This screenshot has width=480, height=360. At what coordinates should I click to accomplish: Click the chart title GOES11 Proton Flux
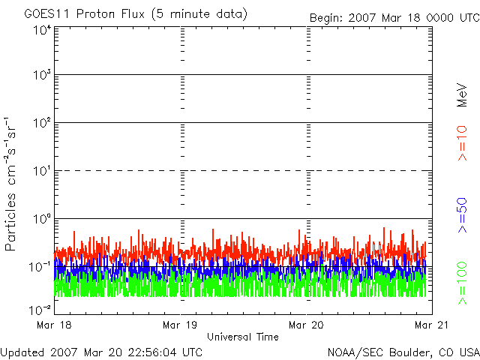tap(85, 14)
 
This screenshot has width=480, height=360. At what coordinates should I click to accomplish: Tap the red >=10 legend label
tap(462, 143)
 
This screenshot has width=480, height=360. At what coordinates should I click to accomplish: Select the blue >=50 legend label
tap(462, 215)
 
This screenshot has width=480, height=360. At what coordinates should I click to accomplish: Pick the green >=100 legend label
tap(462, 283)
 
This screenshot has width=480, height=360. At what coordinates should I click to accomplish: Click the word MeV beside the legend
tap(462, 95)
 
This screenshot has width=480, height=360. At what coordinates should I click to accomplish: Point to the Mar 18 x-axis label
tap(54, 325)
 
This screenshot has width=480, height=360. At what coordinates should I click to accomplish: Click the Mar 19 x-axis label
tap(180, 325)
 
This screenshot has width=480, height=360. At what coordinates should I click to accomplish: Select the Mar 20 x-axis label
tap(306, 325)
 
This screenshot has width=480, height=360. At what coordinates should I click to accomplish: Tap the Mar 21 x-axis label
tap(432, 325)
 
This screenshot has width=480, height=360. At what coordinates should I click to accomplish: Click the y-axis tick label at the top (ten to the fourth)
tap(42, 30)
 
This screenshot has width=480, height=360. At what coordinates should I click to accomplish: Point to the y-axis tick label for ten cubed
tap(42, 75)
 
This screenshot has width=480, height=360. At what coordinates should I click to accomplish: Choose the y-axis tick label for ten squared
tap(42, 123)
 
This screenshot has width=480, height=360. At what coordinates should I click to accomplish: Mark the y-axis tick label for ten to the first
tap(42, 171)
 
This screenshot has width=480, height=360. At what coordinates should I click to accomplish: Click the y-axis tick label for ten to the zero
tap(42, 219)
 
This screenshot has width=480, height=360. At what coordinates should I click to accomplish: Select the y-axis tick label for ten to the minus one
tap(40, 267)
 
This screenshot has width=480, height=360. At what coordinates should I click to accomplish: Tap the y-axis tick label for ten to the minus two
tap(40, 310)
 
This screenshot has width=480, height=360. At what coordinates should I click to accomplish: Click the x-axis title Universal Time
tap(243, 337)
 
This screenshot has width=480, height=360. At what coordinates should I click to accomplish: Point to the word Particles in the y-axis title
tap(10, 222)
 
